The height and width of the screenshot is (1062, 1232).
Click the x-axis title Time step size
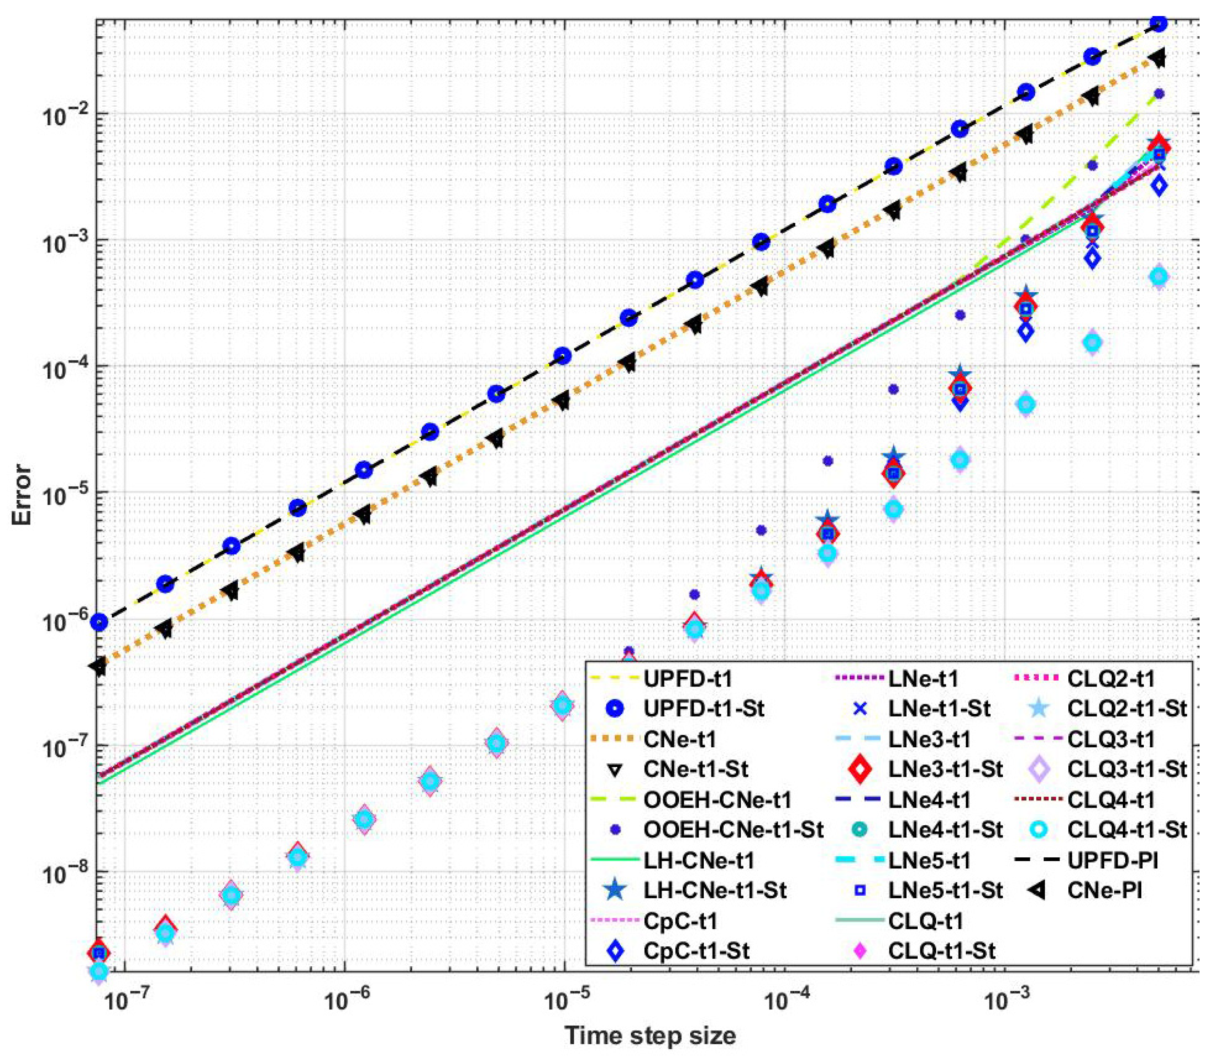click(649, 1035)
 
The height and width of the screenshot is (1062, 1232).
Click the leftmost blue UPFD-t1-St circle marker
click(100, 622)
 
